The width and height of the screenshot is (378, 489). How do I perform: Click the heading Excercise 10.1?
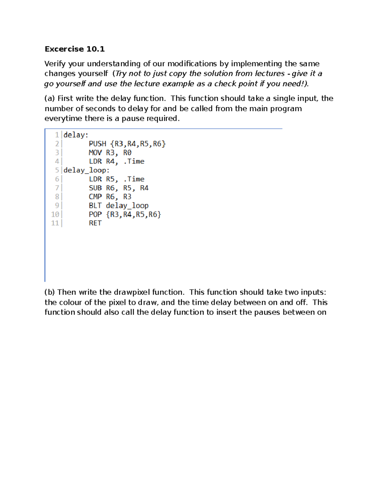click(x=74, y=49)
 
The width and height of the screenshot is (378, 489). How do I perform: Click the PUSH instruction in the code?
click(x=97, y=144)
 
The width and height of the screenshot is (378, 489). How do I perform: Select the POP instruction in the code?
click(x=95, y=214)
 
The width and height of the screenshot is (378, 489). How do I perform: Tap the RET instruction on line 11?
click(x=95, y=223)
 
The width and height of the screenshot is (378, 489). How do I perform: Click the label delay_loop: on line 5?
click(x=86, y=170)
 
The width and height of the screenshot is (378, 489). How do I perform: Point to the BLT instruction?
click(x=95, y=206)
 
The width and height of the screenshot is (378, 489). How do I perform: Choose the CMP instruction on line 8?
click(x=95, y=197)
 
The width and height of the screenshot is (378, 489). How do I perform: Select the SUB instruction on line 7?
click(x=95, y=188)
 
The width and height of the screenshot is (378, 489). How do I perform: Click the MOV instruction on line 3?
click(x=95, y=153)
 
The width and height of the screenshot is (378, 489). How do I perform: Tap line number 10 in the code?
click(x=55, y=214)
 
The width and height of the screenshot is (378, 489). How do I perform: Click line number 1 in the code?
click(x=57, y=135)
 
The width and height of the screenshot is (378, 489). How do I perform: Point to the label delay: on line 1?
click(x=76, y=135)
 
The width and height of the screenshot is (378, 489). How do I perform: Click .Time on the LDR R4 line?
click(x=134, y=162)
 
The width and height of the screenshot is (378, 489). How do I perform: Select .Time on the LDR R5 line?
click(x=134, y=179)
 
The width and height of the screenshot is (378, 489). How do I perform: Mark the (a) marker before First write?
click(x=49, y=99)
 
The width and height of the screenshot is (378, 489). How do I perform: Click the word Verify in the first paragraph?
click(x=55, y=64)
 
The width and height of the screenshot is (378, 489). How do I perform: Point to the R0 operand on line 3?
click(x=127, y=153)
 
